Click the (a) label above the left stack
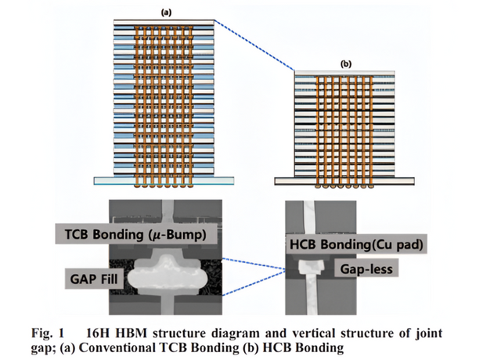[x=167, y=13]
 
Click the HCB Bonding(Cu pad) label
[x=354, y=245]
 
